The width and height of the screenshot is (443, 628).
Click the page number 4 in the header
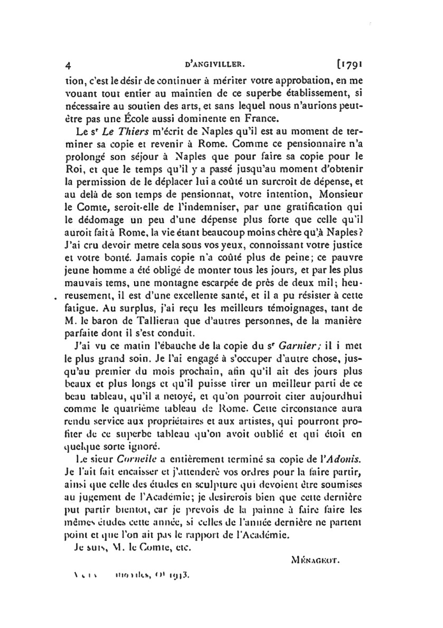point(68,65)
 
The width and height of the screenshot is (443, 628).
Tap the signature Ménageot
point(315,559)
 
